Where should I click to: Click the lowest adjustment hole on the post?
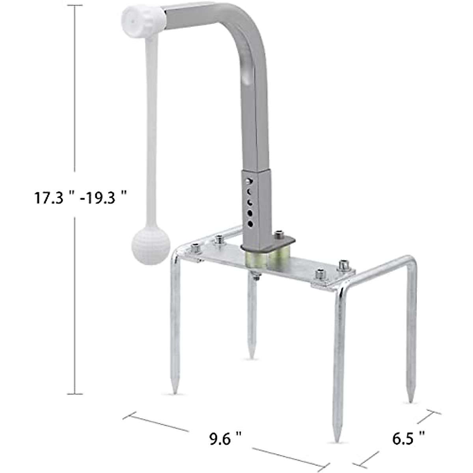[250, 224]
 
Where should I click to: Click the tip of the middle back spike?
[251, 357]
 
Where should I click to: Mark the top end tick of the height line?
[75, 6]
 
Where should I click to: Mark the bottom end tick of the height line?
[75, 393]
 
